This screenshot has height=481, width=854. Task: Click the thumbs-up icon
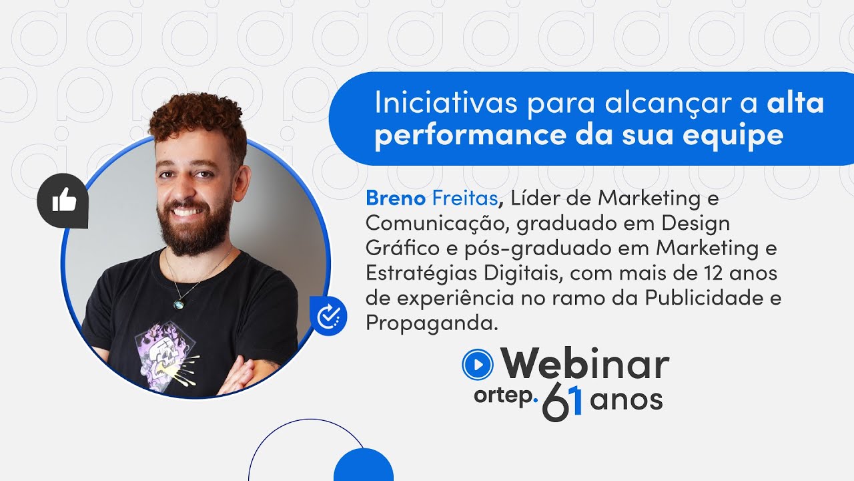pyautogui.click(x=64, y=200)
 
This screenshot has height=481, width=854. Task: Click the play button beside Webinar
pyautogui.click(x=477, y=364)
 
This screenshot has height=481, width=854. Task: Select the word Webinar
pyautogui.click(x=584, y=365)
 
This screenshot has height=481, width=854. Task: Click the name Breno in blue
pyautogui.click(x=395, y=198)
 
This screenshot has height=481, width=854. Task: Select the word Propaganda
pyautogui.click(x=432, y=323)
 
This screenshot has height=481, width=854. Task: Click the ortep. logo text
pyautogui.click(x=506, y=395)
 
